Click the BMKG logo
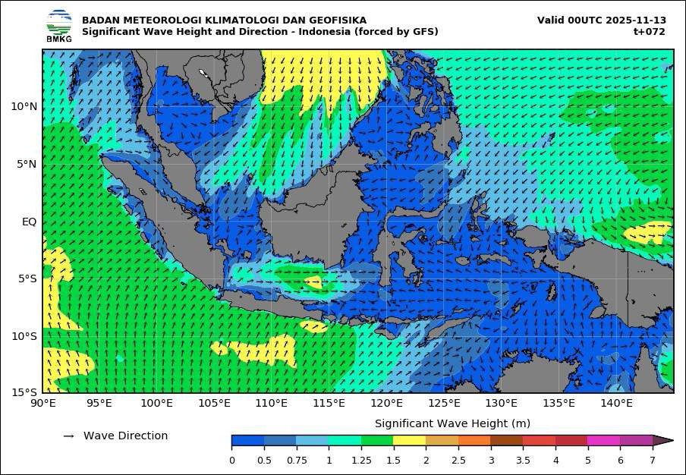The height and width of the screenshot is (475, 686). click(58, 25)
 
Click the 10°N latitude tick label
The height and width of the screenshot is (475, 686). click(24, 106)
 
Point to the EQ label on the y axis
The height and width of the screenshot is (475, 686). click(28, 222)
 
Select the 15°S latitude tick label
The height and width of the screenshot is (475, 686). click(24, 392)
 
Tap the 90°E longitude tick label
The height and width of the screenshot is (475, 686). click(43, 403)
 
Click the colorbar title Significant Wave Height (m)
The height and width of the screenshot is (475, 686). click(452, 423)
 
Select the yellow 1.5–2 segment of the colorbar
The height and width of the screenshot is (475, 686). click(409, 440)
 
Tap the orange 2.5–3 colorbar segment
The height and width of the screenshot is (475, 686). click(474, 440)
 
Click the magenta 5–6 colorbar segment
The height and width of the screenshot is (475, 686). click(603, 440)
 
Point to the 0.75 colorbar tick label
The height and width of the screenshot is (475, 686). click(297, 460)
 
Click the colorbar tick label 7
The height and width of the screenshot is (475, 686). click(652, 460)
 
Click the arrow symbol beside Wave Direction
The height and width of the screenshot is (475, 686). click(68, 436)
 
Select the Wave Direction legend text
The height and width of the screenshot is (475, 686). click(125, 436)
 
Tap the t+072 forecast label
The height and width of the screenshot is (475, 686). click(650, 32)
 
